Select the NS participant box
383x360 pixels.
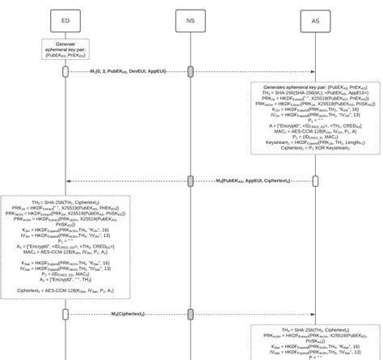(x=191, y=20)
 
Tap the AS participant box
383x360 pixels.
(x=316, y=20)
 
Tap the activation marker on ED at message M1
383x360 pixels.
(x=65, y=71)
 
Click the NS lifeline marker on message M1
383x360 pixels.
(x=191, y=71)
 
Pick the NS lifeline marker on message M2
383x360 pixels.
(x=191, y=180)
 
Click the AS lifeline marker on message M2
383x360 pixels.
(x=316, y=180)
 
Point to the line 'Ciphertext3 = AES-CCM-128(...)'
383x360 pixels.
(x=65, y=290)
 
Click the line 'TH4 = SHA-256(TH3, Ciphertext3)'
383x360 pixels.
(x=316, y=330)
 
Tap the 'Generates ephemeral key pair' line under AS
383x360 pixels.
(x=316, y=85)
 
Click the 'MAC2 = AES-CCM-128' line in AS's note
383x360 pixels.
(x=316, y=130)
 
